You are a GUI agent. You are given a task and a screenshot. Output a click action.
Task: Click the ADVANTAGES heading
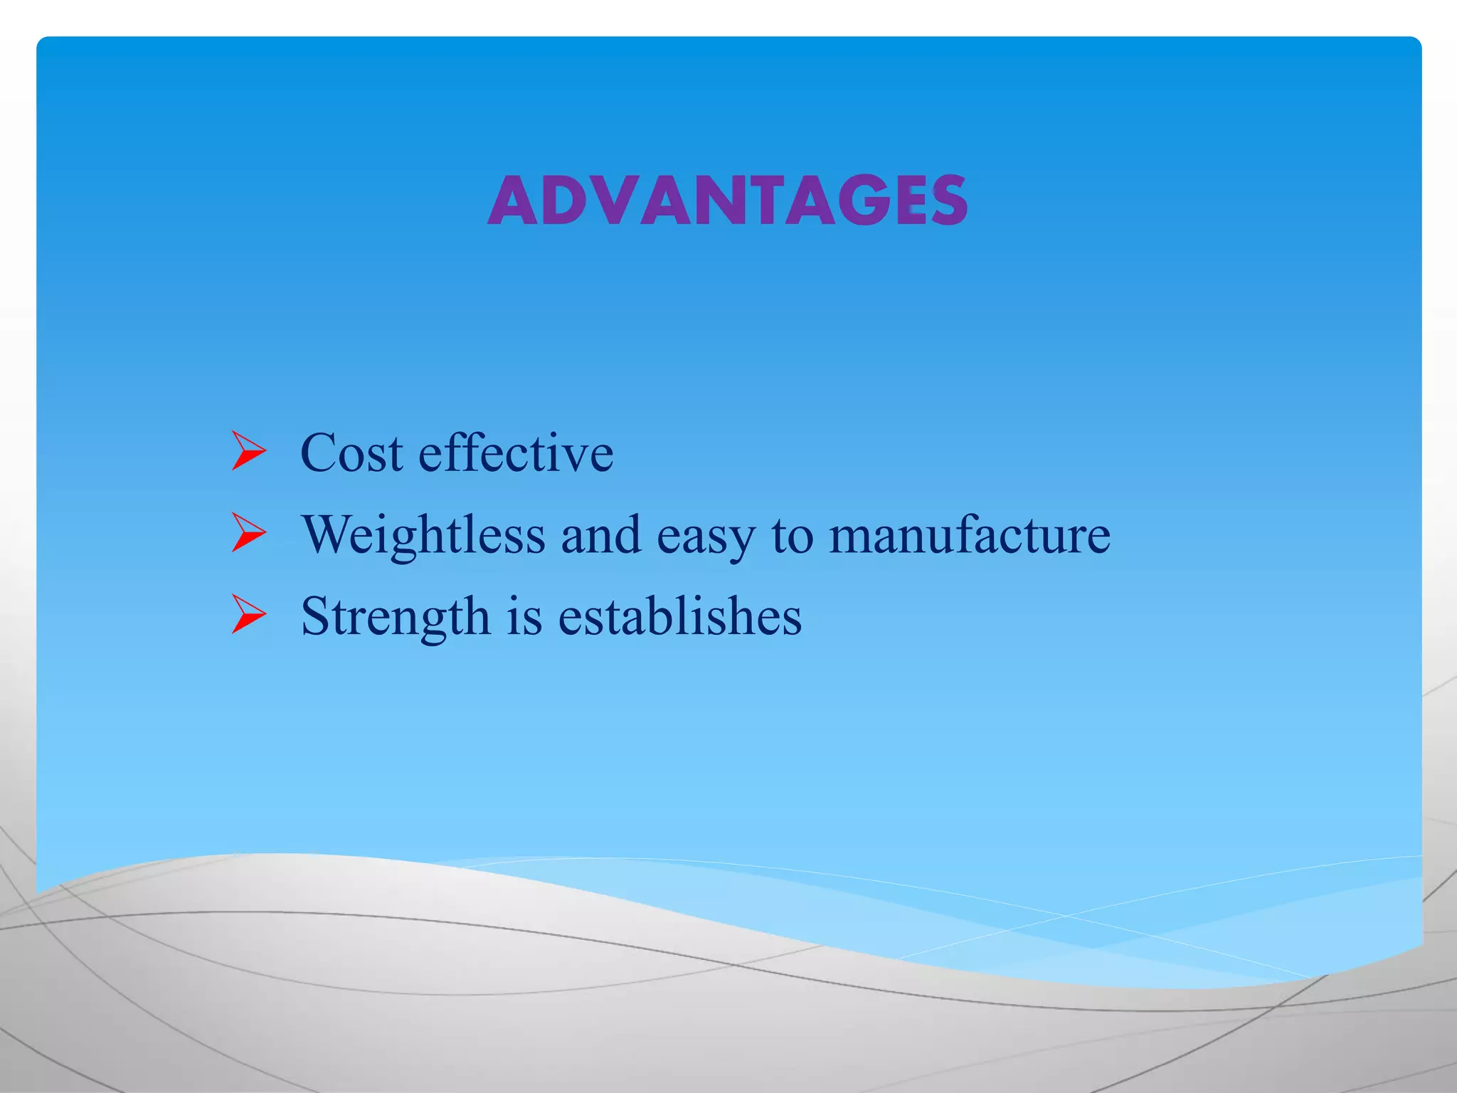pyautogui.click(x=727, y=201)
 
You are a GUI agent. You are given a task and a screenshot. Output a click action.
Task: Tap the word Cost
pyautogui.click(x=351, y=453)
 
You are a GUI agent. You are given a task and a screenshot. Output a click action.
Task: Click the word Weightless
pyautogui.click(x=423, y=534)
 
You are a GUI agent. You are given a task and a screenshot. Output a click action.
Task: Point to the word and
pyautogui.click(x=601, y=534)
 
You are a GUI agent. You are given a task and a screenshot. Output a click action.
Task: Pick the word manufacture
pyautogui.click(x=969, y=534)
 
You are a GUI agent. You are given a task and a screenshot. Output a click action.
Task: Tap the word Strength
pyautogui.click(x=396, y=616)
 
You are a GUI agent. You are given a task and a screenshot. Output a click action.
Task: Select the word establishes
pyautogui.click(x=679, y=616)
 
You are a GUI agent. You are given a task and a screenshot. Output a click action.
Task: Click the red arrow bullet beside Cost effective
pyautogui.click(x=248, y=451)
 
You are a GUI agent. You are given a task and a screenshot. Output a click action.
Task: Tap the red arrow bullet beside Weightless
pyautogui.click(x=248, y=533)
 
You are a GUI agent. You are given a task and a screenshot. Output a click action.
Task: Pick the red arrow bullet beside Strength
pyautogui.click(x=248, y=615)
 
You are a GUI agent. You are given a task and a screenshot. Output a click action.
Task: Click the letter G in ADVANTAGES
pyautogui.click(x=864, y=201)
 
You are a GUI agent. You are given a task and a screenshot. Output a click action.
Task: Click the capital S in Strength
pyautogui.click(x=316, y=616)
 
